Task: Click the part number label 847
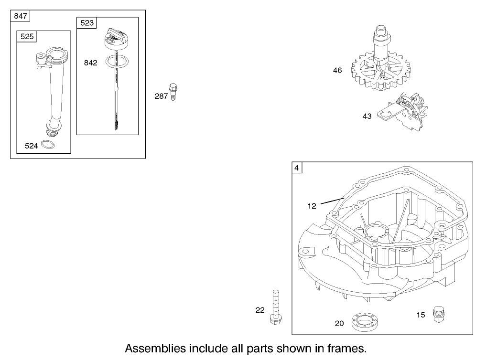(21, 16)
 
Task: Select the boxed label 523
(87, 22)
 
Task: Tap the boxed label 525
(27, 36)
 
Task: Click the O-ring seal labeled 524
(48, 145)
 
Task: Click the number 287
(161, 96)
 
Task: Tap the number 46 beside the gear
(337, 71)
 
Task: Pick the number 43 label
(367, 116)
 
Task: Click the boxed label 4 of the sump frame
(297, 168)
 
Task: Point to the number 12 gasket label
(312, 206)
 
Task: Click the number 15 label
(421, 315)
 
